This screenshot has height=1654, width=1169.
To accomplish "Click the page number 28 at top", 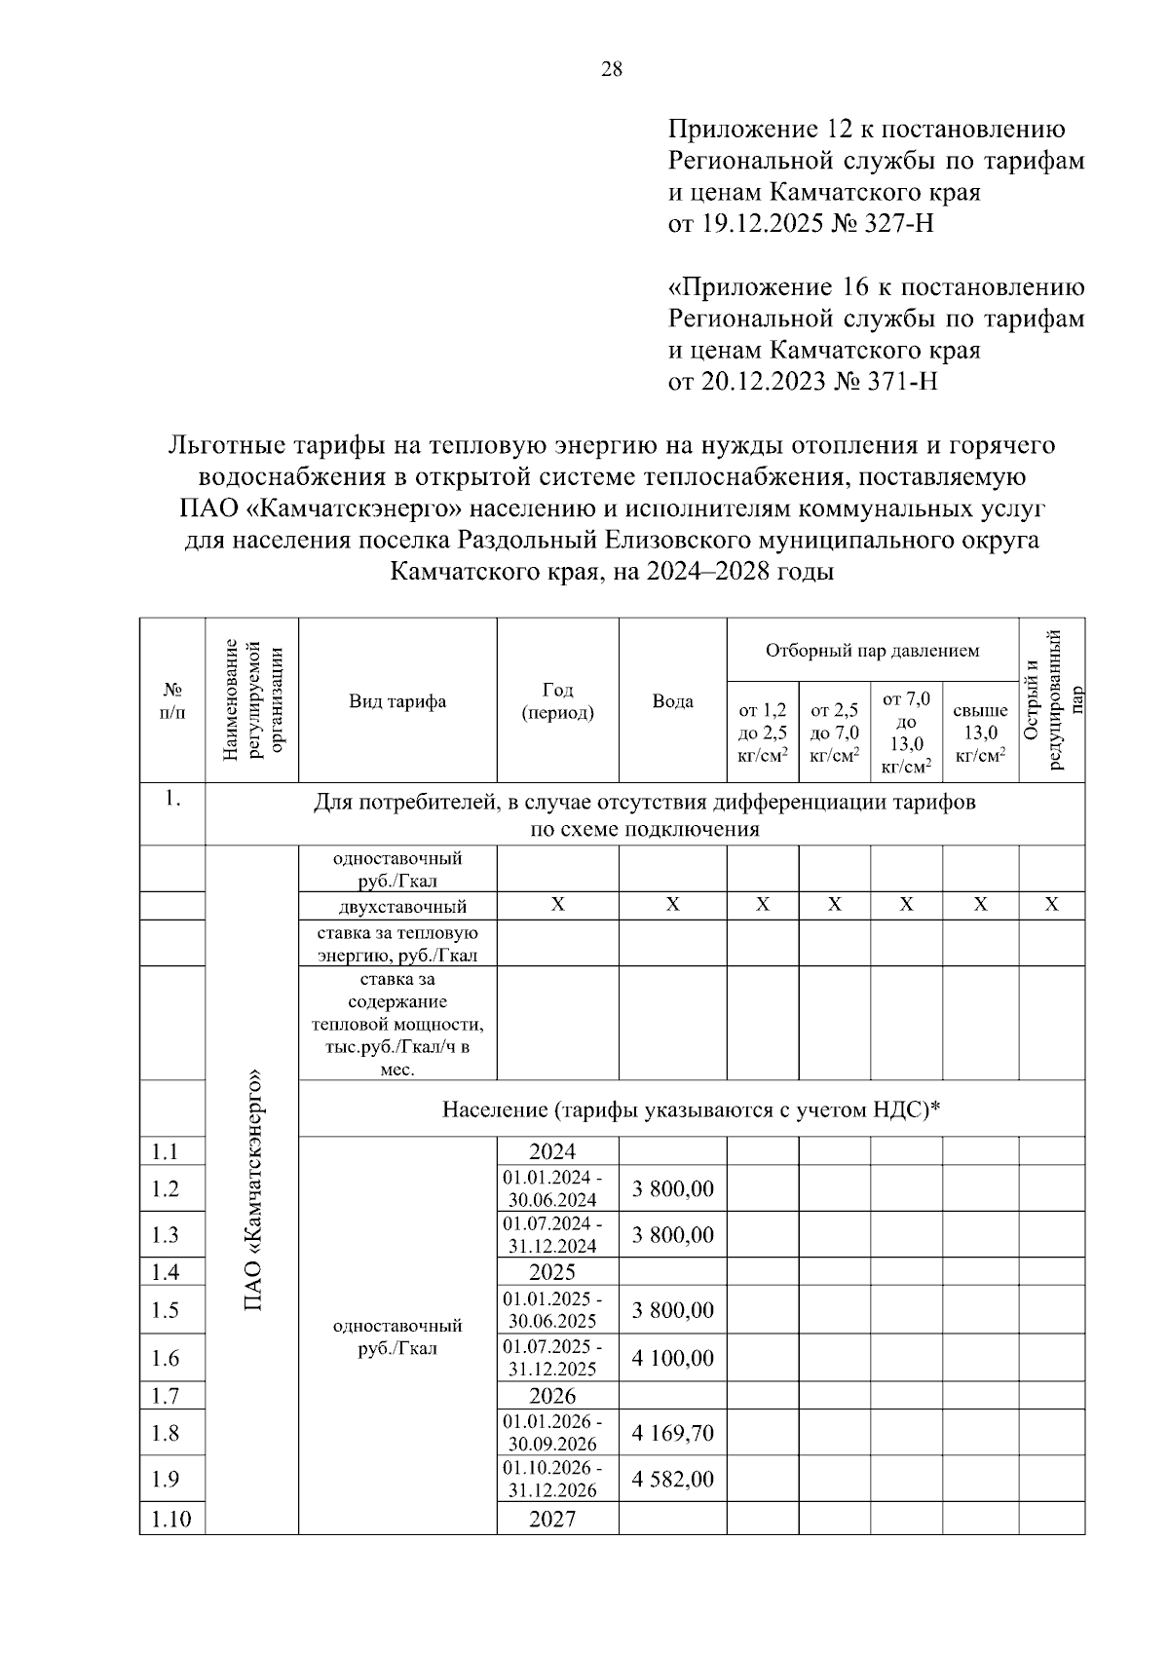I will pyautogui.click(x=612, y=69).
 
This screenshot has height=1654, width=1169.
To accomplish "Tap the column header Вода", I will pyautogui.click(x=672, y=701).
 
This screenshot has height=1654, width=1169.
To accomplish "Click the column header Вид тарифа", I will pyautogui.click(x=397, y=701).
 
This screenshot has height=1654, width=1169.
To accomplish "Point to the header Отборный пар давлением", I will pyautogui.click(x=872, y=651).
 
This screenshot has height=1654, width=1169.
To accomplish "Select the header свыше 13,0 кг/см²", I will pyautogui.click(x=979, y=733).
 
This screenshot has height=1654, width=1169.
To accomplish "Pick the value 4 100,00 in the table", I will pyautogui.click(x=672, y=1358).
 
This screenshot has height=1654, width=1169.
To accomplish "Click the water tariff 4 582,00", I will pyautogui.click(x=672, y=1480).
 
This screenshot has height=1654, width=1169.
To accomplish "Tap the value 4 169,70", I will pyautogui.click(x=672, y=1433).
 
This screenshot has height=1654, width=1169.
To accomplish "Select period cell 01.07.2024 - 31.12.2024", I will pyautogui.click(x=552, y=1234).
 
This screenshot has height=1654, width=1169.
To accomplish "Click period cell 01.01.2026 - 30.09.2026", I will pyautogui.click(x=552, y=1433).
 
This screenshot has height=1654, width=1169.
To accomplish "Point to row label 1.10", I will pyautogui.click(x=171, y=1519).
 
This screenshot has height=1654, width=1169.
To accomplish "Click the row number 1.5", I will pyautogui.click(x=166, y=1310).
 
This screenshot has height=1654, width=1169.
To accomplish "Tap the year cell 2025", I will pyautogui.click(x=552, y=1272).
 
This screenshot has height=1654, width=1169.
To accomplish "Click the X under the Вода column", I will pyautogui.click(x=672, y=905).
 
